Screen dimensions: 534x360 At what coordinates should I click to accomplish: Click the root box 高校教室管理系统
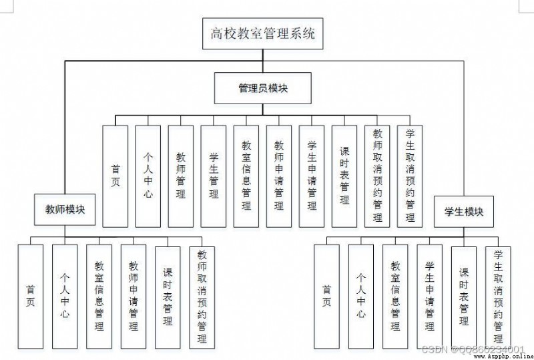pos(262,34)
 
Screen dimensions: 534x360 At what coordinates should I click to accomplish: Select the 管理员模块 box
pos(262,88)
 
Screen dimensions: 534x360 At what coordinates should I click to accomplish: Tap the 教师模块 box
pos(65,210)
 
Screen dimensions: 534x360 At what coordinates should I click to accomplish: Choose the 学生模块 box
pos(463,212)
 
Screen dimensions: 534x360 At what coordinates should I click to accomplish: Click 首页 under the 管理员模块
pos(115,176)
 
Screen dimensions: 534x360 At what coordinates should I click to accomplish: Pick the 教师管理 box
pos(180,176)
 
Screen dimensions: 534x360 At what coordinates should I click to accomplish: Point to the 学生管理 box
pos(213,176)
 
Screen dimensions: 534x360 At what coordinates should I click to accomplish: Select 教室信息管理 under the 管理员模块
pos(246,176)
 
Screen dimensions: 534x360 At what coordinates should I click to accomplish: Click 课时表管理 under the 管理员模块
pos(344,176)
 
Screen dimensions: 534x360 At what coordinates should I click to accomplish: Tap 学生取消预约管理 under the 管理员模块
pos(410,176)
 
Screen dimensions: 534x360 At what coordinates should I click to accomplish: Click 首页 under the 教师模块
pos(30,297)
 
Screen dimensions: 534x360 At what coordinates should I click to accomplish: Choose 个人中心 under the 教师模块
pos(65,297)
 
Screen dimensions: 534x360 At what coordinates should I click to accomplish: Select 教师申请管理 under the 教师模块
pos(133,297)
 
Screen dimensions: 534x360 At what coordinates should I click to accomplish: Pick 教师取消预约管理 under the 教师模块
pos(202,298)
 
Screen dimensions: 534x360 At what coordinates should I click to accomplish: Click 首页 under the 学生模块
pos(326,297)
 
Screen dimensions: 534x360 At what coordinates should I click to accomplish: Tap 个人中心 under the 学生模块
pos(360,297)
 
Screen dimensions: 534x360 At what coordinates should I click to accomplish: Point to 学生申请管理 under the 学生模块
pos(429,297)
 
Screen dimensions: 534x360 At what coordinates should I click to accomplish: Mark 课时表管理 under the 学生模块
pos(463,298)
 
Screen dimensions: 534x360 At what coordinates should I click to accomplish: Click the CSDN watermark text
pos(473,349)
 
